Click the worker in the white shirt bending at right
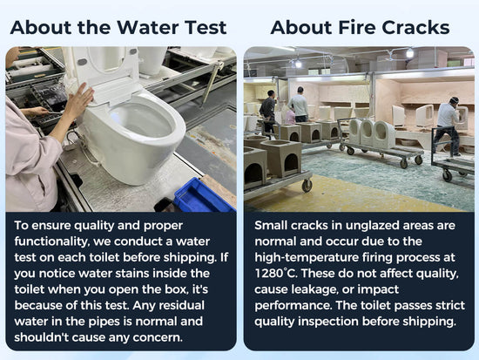(449, 126)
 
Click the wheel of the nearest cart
(307, 186)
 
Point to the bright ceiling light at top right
(409, 53)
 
